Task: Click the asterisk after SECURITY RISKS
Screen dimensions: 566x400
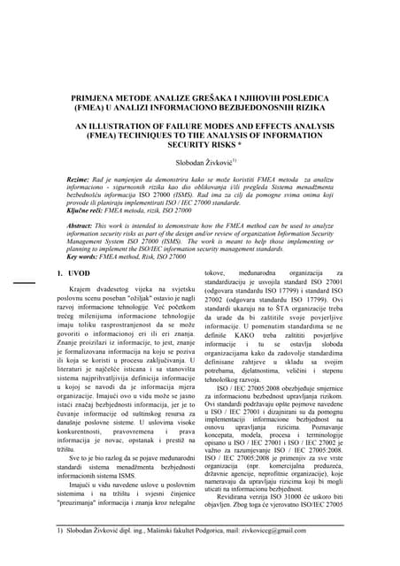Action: [x=262, y=152]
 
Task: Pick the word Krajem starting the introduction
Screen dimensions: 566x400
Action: [x=81, y=315]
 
